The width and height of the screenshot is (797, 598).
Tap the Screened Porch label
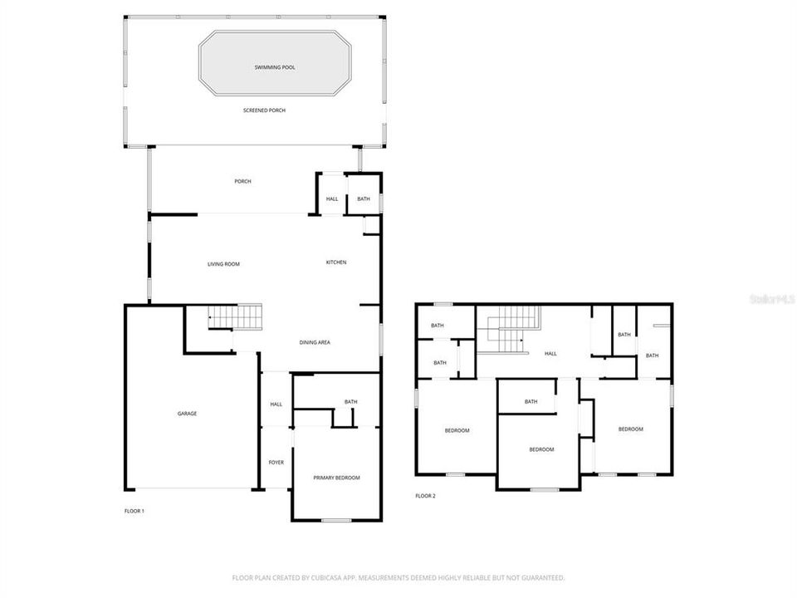pyautogui.click(x=264, y=110)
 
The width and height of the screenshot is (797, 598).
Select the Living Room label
pyautogui.click(x=223, y=264)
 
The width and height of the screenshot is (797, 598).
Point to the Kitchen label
pyautogui.click(x=335, y=262)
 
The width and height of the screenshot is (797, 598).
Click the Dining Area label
pyautogui.click(x=315, y=342)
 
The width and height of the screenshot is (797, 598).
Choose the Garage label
pyautogui.click(x=187, y=413)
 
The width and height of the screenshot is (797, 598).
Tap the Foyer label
pyautogui.click(x=276, y=462)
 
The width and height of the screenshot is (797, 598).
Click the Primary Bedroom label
pyautogui.click(x=336, y=478)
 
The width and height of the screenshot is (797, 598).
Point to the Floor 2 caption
pyautogui.click(x=425, y=496)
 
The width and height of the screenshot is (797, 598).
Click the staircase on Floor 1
pyautogui.click(x=235, y=316)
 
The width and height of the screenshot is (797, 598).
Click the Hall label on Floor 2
pyautogui.click(x=550, y=354)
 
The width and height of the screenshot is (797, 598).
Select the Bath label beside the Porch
pyautogui.click(x=364, y=199)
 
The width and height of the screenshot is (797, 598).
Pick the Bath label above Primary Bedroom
pyautogui.click(x=351, y=402)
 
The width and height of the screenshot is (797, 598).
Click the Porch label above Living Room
pyautogui.click(x=242, y=181)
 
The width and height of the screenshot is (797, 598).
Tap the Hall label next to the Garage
pyautogui.click(x=276, y=404)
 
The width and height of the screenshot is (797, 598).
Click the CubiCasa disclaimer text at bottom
pyautogui.click(x=398, y=577)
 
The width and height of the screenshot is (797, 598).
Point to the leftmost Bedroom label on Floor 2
pyautogui.click(x=457, y=430)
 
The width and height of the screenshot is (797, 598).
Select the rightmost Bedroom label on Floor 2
pyautogui.click(x=630, y=429)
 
